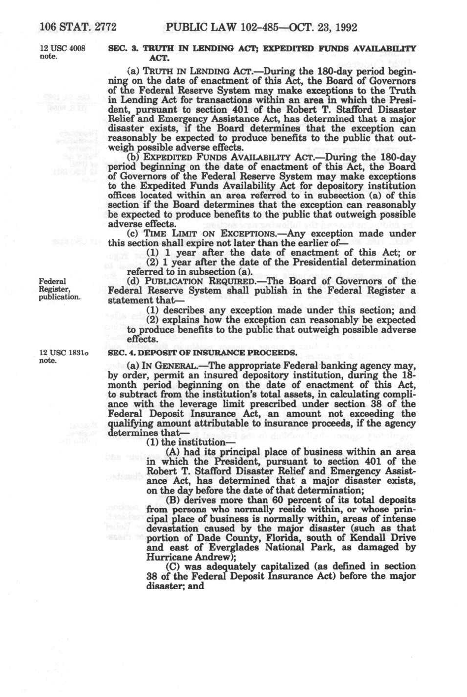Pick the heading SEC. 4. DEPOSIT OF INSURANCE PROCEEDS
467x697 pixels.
point(202,353)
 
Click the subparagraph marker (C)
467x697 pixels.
point(174,566)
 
